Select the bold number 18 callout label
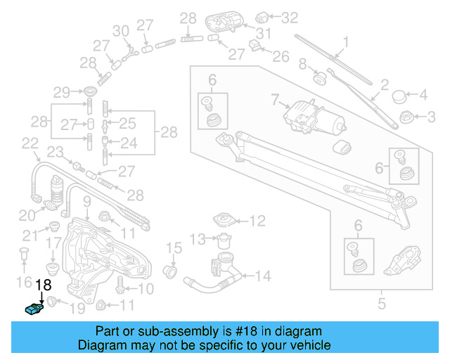click(x=43, y=285)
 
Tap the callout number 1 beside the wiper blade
click(x=345, y=41)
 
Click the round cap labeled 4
click(x=399, y=95)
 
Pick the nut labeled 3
click(x=405, y=116)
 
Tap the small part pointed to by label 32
click(x=263, y=15)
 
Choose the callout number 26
click(x=281, y=56)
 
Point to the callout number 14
click(x=263, y=276)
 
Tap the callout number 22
click(x=30, y=144)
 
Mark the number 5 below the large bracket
click(x=381, y=304)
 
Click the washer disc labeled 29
click(x=91, y=92)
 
